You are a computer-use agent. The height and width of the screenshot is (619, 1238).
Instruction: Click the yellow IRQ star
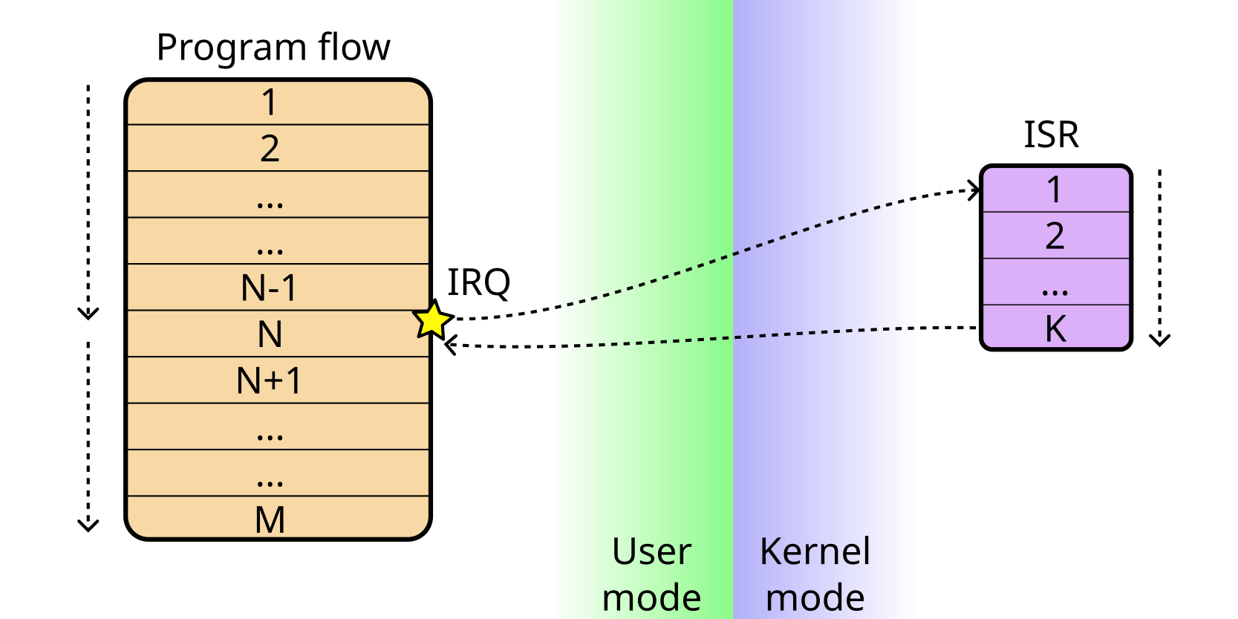432,320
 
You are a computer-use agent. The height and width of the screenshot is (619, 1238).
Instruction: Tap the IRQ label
478,283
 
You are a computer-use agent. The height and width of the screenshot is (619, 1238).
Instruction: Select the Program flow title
273,48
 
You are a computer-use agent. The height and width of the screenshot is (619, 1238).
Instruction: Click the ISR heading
1051,135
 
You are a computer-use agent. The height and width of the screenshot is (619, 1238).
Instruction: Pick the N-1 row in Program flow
270,288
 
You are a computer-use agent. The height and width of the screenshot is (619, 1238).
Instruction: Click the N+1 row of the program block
270,380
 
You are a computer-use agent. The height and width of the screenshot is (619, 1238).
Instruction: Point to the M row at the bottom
270,519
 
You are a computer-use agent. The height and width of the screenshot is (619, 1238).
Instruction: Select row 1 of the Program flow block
270,103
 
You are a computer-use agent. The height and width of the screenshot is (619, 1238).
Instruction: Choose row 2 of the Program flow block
270,149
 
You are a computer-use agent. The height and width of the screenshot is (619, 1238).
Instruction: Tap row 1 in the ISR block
1055,189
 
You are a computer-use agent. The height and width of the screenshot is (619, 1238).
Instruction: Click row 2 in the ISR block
1055,236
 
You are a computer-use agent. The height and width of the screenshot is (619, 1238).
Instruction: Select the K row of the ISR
1055,328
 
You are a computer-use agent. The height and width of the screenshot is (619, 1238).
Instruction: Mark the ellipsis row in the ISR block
1055,282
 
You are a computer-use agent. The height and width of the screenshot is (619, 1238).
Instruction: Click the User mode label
651,574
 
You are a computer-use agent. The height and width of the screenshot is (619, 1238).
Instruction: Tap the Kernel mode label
815,574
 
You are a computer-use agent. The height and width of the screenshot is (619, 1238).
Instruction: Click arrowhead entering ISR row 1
974,189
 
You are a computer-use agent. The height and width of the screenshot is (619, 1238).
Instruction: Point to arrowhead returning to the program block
450,345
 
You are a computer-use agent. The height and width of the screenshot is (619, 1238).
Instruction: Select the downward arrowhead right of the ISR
1159,340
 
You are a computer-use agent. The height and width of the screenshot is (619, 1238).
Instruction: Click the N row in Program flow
270,334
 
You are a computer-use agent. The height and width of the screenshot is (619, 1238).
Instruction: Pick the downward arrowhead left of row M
88,525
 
